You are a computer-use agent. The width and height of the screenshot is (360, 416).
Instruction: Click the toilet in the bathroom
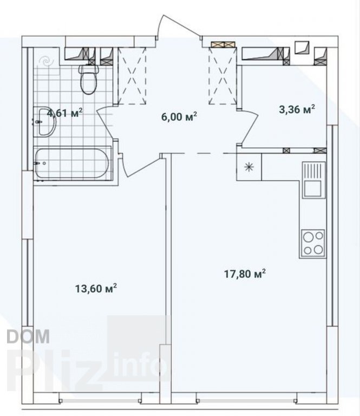click(89, 80)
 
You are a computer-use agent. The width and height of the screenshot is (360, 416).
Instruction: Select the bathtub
click(72, 163)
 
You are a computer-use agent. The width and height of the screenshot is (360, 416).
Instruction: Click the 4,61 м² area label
click(64, 113)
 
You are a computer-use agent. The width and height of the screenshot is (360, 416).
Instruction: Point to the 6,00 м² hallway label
click(179, 116)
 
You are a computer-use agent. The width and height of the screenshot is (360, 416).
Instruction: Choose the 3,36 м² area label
click(297, 109)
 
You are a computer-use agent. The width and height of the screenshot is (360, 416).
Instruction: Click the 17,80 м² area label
click(245, 274)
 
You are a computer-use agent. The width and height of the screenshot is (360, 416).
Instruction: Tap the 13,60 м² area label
click(96, 288)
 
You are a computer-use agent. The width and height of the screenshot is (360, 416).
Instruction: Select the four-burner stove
click(313, 243)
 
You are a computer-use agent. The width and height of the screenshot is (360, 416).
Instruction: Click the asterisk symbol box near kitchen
click(249, 167)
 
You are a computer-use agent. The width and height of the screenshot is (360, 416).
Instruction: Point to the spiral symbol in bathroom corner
click(46, 62)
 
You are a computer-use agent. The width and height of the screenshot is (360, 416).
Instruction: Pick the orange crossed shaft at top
click(223, 44)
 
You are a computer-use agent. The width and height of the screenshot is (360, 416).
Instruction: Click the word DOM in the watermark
click(28, 336)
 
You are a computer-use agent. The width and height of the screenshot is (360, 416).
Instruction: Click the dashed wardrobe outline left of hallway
click(132, 76)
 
